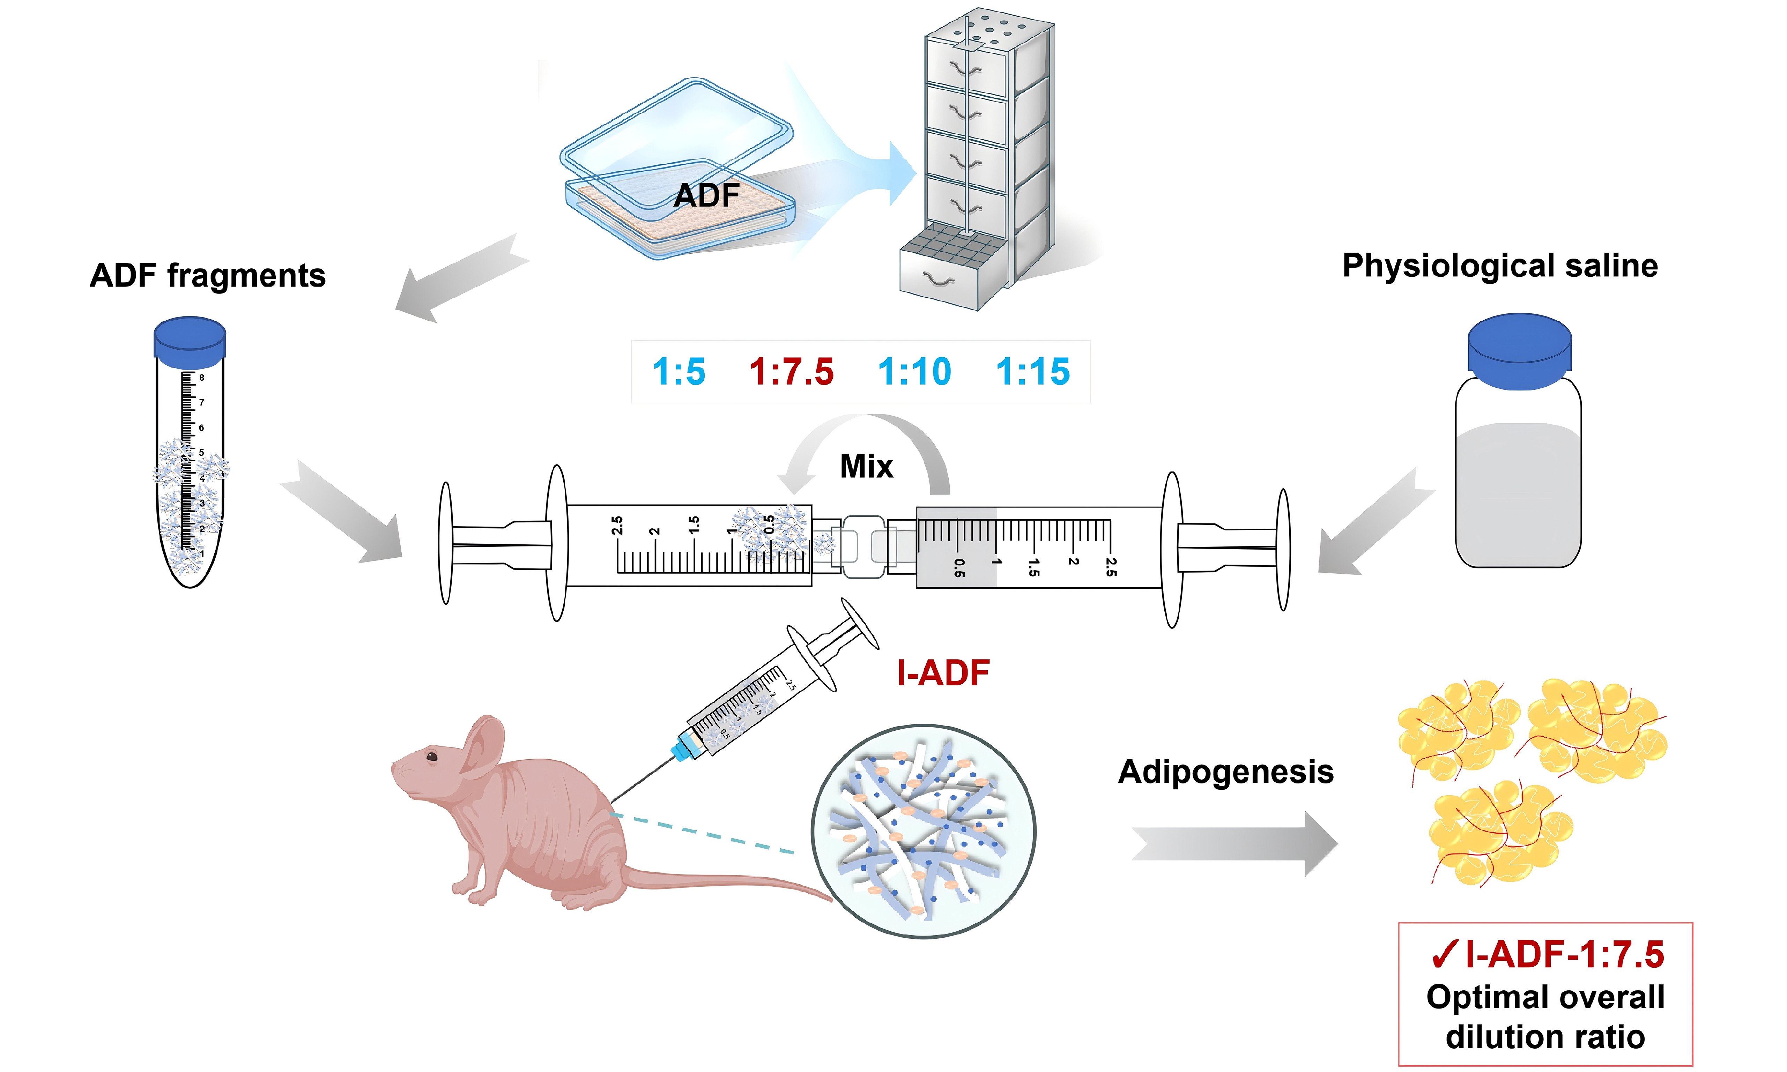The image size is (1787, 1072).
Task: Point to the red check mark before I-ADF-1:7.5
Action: [1444, 955]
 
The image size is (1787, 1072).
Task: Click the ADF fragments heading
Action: [208, 275]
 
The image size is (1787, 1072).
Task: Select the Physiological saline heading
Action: [1500, 266]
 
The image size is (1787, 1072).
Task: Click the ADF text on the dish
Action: [706, 195]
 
